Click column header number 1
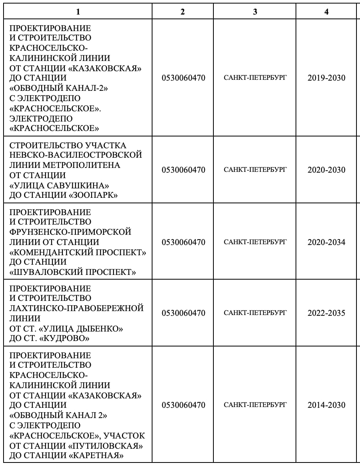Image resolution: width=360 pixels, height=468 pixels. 78,12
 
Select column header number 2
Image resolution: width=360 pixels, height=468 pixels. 183,12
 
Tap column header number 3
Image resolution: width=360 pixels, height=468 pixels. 255,12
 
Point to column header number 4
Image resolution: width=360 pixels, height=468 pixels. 326,12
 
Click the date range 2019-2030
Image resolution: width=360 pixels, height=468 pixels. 326,78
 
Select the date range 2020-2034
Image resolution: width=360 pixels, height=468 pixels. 326,242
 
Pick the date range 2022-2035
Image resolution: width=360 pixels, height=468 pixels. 326,313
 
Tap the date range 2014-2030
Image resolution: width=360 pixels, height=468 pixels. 326,405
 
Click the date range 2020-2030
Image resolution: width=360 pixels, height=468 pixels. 326,170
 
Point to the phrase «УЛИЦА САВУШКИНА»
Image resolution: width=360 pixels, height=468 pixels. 59,185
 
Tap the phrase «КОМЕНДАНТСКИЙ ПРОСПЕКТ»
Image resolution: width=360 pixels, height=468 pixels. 78,252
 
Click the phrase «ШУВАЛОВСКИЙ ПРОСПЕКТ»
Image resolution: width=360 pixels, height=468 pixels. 73,272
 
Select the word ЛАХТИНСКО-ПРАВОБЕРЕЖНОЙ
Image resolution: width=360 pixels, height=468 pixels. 76,308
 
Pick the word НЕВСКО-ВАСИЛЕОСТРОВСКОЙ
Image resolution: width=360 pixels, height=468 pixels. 75,155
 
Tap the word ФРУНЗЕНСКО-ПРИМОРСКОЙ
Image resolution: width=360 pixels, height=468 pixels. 70,232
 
